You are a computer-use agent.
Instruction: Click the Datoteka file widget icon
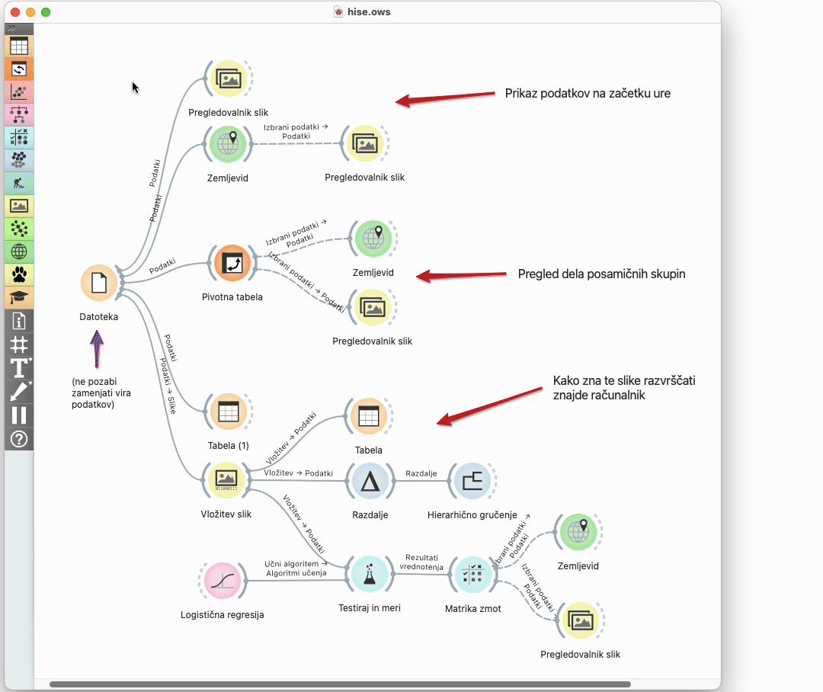[x=98, y=284]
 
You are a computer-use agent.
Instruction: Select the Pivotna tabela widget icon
[x=232, y=264]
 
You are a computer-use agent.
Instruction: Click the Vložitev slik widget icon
[x=226, y=479]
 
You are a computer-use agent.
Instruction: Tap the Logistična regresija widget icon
[x=222, y=581]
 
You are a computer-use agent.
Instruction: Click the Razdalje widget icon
[x=369, y=481]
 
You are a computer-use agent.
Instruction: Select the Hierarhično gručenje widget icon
[x=472, y=481]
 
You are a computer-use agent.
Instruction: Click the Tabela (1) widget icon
[x=228, y=412]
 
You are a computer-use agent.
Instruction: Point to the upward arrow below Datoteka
[x=97, y=348]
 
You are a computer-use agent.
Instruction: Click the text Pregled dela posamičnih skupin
[x=601, y=274]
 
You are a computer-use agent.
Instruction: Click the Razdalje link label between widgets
[x=421, y=473]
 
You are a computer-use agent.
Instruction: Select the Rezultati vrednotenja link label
[x=421, y=562]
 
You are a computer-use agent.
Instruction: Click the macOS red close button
[x=15, y=12]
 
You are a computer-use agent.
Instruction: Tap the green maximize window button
[x=46, y=12]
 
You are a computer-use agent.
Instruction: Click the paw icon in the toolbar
[x=19, y=274]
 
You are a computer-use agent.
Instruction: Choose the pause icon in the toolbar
[x=19, y=415]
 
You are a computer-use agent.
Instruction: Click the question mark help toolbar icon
[x=19, y=438]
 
